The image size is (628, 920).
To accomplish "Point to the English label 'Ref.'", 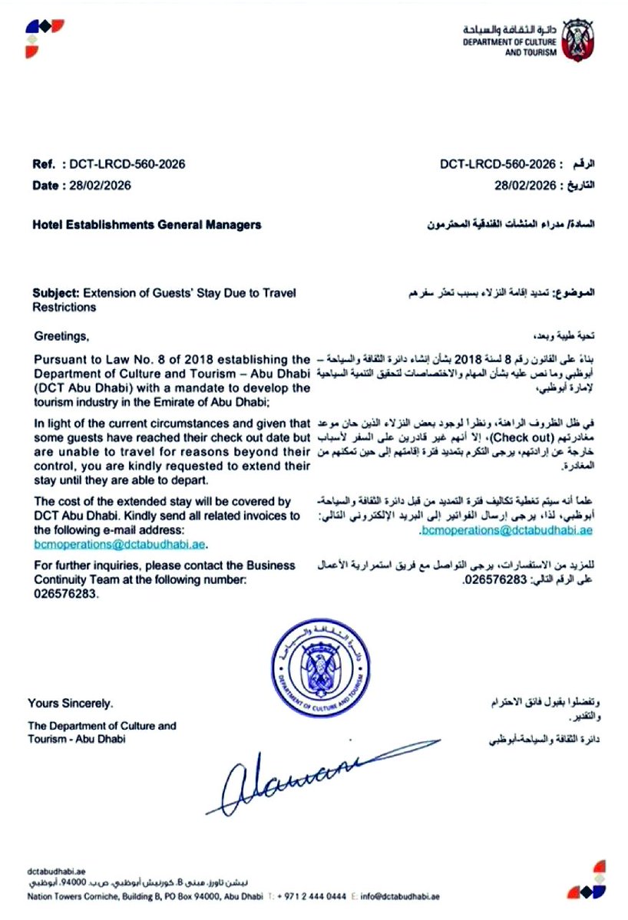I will coord(44,164).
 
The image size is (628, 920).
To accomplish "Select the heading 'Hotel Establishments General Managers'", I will coord(147,225).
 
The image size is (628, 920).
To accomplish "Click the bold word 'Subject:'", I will coord(56,292).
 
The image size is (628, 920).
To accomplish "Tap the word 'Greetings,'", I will coord(61,336).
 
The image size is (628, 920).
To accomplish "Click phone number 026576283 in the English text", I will coord(66,594).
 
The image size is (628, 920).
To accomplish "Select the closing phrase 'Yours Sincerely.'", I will coord(71,703).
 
